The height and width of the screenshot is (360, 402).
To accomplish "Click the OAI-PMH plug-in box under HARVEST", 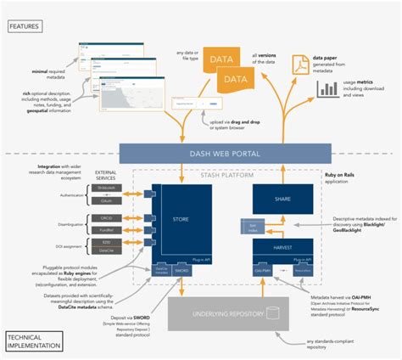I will pos(263,269).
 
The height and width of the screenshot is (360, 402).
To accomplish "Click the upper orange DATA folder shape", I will pos(223,59).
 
